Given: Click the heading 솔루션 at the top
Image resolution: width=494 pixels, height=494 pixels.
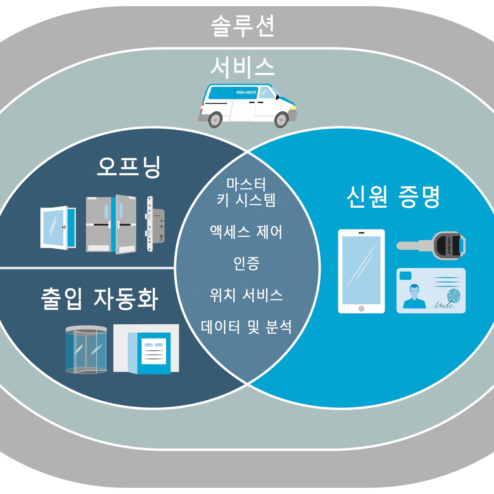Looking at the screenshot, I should pos(242,26).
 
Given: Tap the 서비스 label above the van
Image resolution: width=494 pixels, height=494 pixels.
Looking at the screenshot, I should pos(242,68).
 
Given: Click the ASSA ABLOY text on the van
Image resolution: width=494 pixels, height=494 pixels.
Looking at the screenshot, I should pos(246,92).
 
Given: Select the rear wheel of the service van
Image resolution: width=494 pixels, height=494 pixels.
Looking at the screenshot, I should pos(215,120).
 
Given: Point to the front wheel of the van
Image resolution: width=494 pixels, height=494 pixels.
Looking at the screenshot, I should pos(281,120).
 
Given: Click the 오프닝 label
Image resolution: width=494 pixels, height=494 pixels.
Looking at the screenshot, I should pos(129,167).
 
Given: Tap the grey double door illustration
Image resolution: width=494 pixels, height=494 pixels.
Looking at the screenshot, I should pos(111,225).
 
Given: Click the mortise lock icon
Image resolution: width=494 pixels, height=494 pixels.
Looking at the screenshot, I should pos(155,224).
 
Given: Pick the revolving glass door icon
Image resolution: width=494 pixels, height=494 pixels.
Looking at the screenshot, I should pos(86,350).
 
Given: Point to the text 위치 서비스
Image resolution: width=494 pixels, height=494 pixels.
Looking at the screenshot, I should pos(246,295).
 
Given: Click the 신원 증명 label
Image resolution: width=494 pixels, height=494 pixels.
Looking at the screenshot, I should pos(393,197).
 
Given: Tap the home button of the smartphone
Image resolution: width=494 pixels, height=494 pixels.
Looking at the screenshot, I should pos(361,309).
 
